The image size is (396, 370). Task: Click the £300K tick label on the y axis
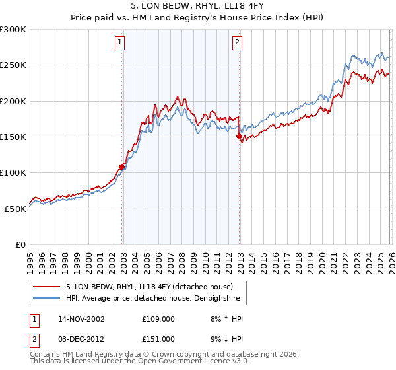(13, 30)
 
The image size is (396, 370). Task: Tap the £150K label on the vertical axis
(13, 137)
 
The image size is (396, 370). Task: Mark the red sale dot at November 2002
(122, 166)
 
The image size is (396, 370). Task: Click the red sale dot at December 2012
(240, 137)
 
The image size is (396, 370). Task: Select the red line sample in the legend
(46, 287)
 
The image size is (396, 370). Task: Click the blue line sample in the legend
(46, 299)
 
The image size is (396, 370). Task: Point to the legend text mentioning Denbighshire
(156, 299)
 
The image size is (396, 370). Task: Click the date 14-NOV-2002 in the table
(81, 319)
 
